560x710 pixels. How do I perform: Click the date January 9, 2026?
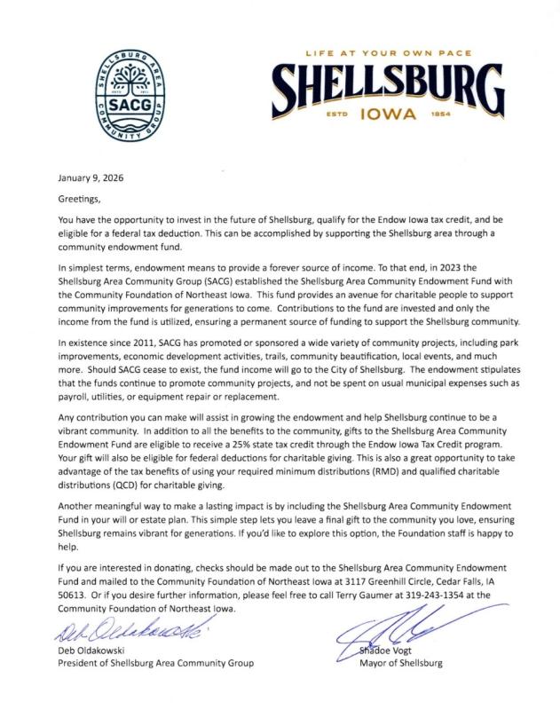[x=91, y=177]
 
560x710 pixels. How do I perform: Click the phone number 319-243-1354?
[x=434, y=596]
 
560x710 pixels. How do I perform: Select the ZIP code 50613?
[x=73, y=596]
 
